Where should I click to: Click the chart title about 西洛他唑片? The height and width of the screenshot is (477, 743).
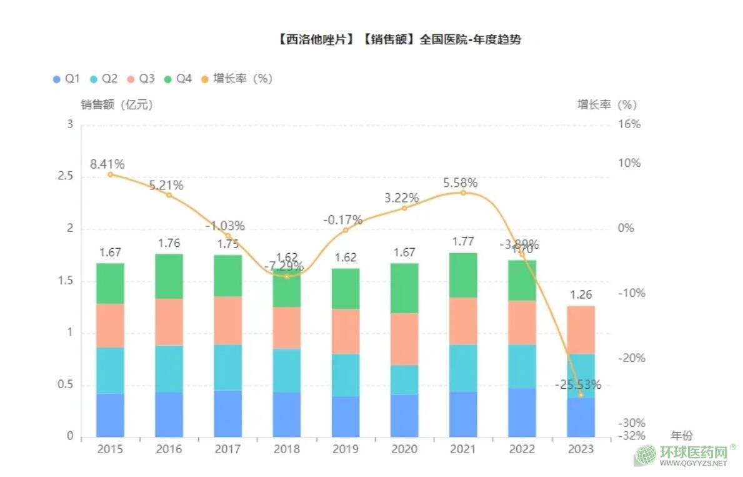(x=398, y=40)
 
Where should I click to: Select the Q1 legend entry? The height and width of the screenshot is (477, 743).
(x=66, y=79)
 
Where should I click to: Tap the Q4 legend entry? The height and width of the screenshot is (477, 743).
(x=177, y=79)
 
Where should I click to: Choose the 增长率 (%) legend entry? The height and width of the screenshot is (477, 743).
(x=237, y=79)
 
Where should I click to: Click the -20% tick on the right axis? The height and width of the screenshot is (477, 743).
(x=630, y=358)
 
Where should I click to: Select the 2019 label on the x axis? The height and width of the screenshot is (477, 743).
(x=345, y=449)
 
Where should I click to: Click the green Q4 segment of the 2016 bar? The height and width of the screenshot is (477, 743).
(x=169, y=276)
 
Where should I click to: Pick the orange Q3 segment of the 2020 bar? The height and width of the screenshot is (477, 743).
(x=404, y=339)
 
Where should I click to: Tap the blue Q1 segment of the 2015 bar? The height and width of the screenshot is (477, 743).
(x=110, y=415)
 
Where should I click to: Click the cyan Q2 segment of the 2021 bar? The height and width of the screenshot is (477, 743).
(x=463, y=368)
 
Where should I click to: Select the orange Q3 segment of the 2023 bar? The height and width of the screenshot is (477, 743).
(x=581, y=329)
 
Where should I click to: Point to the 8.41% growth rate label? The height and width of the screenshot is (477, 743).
(x=107, y=164)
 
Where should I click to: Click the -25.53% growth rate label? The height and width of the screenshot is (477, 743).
(x=578, y=384)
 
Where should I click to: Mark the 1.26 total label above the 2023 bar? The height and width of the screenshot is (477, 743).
(x=581, y=295)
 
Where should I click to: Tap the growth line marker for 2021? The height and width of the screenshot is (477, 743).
(x=463, y=193)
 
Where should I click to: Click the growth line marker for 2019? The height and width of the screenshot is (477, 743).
(x=345, y=230)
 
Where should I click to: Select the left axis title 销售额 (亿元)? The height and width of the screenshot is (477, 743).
(x=117, y=105)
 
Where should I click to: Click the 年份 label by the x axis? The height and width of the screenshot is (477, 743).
(x=681, y=436)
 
